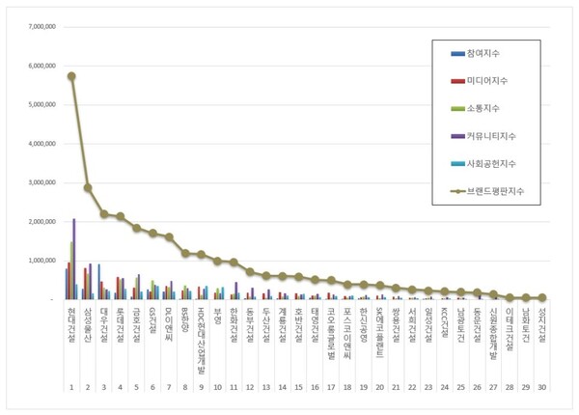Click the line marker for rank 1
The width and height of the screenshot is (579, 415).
coord(71,76)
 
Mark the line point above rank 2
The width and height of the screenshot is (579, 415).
coord(88,188)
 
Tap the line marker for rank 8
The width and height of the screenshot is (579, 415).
coord(185,253)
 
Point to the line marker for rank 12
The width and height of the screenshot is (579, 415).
coord(250,272)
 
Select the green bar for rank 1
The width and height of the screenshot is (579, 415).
coord(70,270)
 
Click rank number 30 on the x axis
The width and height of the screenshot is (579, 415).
coord(543,387)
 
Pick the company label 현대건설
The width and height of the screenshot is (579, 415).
coord(71,324)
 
